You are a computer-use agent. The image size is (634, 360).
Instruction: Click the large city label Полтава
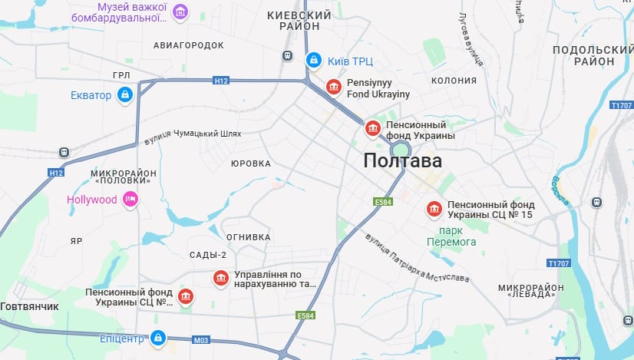(403, 161)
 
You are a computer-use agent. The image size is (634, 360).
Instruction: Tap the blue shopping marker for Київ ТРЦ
(313, 60)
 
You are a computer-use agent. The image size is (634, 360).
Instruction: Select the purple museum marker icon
(180, 12)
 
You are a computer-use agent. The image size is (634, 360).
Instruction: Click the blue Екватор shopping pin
(125, 95)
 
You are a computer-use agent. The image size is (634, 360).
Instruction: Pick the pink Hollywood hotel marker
(130, 200)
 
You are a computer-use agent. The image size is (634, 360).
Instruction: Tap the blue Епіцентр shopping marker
(157, 337)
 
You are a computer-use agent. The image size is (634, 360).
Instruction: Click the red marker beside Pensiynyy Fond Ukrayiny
(333, 88)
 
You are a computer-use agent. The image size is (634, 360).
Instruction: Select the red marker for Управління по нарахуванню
(221, 278)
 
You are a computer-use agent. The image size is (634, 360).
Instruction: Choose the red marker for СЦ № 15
(434, 209)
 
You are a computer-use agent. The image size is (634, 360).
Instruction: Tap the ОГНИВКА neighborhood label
(248, 237)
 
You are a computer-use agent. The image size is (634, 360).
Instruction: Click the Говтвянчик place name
(30, 306)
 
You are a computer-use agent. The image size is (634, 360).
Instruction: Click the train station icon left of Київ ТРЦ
(288, 55)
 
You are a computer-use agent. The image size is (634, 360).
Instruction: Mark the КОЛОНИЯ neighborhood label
(454, 80)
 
